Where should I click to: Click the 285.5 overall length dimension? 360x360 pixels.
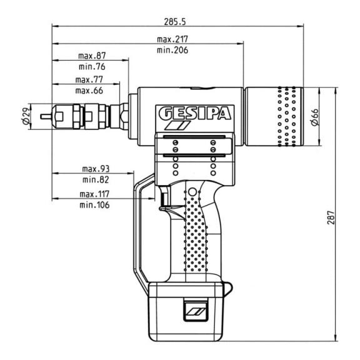(x=174, y=22)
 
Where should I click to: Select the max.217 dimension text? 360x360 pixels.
(x=172, y=39)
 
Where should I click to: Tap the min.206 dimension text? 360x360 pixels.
(x=172, y=50)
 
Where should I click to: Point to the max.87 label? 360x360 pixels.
(x=92, y=56)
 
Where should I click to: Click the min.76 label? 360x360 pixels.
(x=92, y=67)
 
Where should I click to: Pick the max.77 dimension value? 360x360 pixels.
(x=89, y=79)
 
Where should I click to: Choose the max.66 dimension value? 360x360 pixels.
(x=89, y=91)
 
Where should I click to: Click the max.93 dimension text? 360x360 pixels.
(x=96, y=169)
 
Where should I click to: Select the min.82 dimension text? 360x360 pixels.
(x=96, y=179)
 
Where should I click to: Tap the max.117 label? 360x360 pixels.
(x=94, y=194)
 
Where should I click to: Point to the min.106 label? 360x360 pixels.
(x=94, y=205)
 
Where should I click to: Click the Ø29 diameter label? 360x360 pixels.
(x=26, y=116)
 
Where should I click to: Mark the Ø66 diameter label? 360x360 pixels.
(x=315, y=117)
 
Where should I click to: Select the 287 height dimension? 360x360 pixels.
(x=331, y=217)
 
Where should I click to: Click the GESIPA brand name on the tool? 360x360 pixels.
(x=195, y=113)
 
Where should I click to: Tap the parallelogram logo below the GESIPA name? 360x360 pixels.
(x=178, y=126)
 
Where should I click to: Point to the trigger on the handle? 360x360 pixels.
(x=165, y=198)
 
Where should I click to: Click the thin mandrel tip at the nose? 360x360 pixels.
(x=46, y=117)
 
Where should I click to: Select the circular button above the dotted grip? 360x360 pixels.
(x=192, y=192)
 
